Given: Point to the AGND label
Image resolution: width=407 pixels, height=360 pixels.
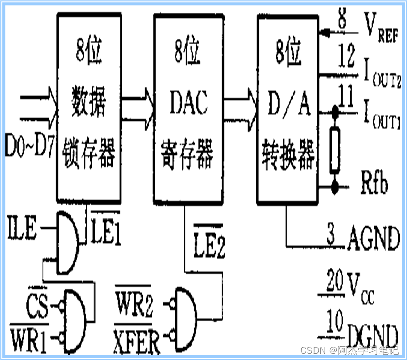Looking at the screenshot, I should point(373,238).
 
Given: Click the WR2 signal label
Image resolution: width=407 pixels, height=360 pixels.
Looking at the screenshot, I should point(133,306).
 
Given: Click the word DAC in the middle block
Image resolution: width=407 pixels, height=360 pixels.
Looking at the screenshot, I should point(188,103).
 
